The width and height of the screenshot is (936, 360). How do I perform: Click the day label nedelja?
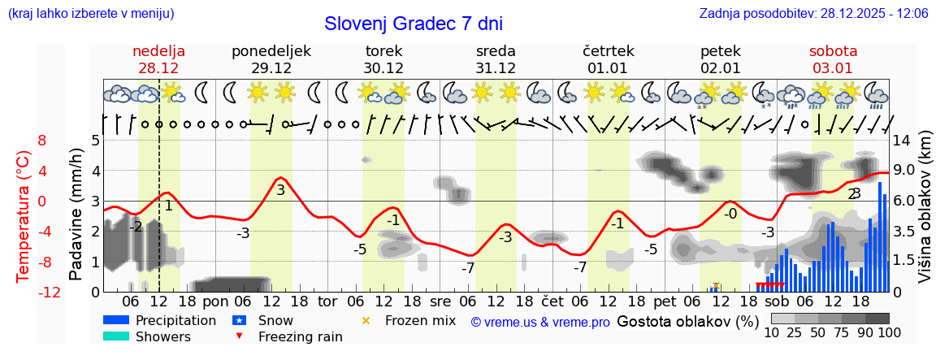[x=159, y=50]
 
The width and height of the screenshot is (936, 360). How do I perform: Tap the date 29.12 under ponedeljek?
[x=271, y=67]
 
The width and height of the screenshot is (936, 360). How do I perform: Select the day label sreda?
[x=496, y=50]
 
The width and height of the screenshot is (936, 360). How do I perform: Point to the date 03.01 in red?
[x=833, y=67]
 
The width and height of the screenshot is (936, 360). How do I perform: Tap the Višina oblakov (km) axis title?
[x=925, y=215]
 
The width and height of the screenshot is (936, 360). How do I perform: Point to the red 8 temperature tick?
[x=42, y=140]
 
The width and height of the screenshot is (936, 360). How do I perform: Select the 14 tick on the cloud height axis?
[x=903, y=140]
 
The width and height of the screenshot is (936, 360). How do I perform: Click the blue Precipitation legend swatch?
[x=116, y=320]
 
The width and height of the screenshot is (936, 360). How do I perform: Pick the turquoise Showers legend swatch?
[x=116, y=336]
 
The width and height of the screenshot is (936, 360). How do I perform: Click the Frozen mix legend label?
[x=420, y=320]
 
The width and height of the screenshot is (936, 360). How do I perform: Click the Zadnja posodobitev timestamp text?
[x=813, y=13]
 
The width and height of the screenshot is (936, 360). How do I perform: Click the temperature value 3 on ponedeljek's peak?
[x=280, y=190]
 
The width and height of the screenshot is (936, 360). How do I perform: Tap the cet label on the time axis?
[x=552, y=301]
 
